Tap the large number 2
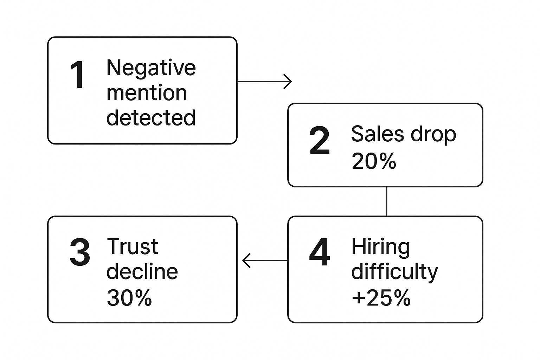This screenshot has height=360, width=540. point(319,141)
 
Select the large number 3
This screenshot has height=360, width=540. point(80,252)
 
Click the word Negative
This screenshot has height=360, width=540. point(151,68)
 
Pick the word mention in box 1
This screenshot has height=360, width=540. point(147,93)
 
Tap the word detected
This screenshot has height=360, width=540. point(151,117)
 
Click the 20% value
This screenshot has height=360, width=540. point(374,162)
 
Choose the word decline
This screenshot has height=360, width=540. point(142,271)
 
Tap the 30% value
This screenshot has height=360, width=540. point(129,298)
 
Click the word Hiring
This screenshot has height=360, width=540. point(381,247)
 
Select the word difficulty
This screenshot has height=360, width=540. point(394,272)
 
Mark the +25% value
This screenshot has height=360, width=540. point(381,298)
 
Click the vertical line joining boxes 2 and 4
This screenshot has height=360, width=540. point(386,201)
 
